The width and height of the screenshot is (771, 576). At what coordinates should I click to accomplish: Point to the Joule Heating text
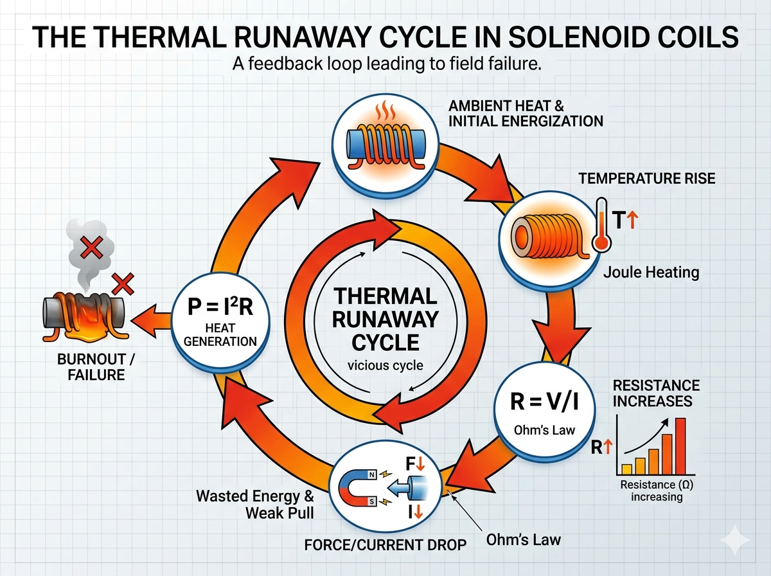(x=651, y=273)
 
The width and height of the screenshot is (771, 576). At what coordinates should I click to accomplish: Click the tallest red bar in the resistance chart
(x=681, y=445)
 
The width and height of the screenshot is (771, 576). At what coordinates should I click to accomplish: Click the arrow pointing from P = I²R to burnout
(x=150, y=314)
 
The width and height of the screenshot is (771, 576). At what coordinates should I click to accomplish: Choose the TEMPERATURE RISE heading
(x=646, y=179)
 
